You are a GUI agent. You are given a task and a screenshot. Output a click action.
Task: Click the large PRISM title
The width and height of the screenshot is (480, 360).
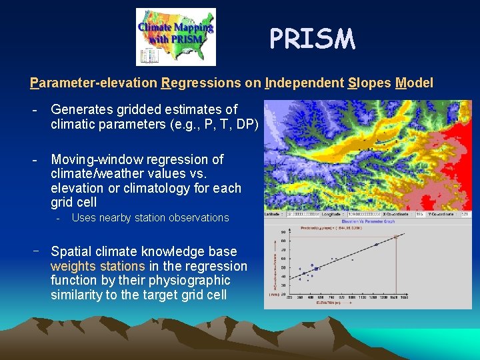[x=312, y=39]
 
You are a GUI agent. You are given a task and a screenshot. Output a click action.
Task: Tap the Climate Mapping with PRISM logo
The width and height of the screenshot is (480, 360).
[x=176, y=36]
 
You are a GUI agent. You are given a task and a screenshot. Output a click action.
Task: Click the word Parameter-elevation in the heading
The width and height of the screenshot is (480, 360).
[x=93, y=83]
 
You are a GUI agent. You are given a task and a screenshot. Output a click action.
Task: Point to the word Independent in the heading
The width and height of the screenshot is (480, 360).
[x=304, y=83]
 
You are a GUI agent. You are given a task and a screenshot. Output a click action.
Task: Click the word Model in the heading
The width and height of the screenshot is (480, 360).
[x=414, y=83]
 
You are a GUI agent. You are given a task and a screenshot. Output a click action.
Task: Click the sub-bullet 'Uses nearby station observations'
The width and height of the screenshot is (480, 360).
[x=150, y=218]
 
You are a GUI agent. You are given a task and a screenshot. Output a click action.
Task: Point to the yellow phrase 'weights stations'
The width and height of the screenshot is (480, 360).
[x=97, y=267]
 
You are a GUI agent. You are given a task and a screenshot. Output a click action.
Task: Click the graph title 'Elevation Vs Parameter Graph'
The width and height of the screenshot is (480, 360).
[x=367, y=221]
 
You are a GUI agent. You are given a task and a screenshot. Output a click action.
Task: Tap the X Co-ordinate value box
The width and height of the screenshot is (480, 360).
[x=421, y=215]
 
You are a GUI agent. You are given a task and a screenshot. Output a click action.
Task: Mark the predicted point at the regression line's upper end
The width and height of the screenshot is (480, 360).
[x=396, y=237]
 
